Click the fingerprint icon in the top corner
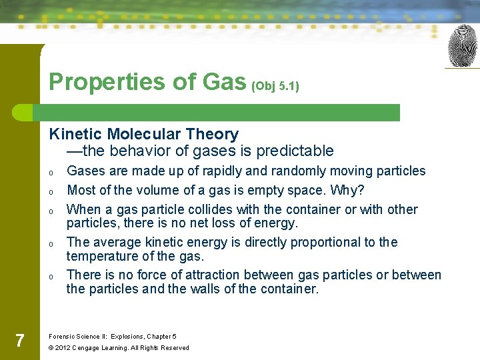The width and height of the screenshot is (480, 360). pos(462,46)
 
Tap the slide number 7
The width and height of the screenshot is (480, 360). pos(20,341)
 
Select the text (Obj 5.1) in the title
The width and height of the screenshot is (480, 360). pos(275,86)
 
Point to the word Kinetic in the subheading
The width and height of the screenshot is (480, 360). pos(75,134)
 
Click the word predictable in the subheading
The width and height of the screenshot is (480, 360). pos(297,151)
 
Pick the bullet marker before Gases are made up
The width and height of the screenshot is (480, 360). pos(51,172)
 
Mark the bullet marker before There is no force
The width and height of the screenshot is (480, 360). pos(51,276)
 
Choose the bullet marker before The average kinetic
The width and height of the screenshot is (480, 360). pos(51,243)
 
